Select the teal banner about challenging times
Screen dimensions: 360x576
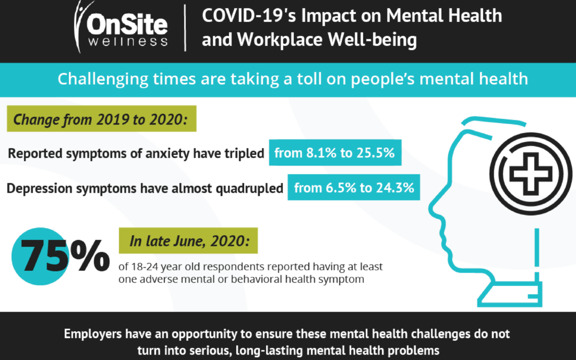(288, 79)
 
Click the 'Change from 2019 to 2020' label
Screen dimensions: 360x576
(101, 118)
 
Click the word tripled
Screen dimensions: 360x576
(245, 154)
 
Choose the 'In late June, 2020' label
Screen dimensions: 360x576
(189, 241)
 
